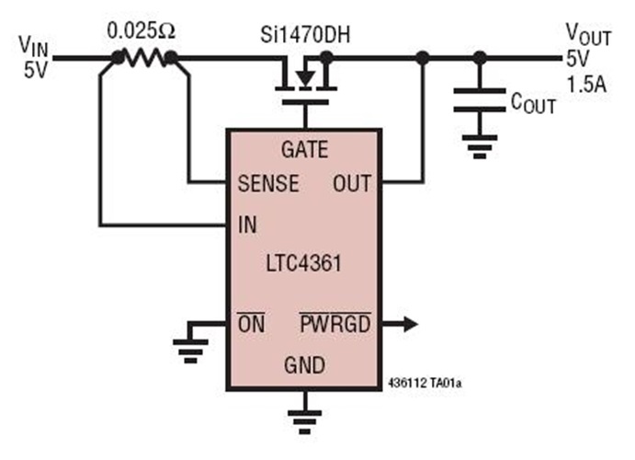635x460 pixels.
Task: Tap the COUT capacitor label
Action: [x=533, y=103]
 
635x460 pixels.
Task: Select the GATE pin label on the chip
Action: [x=302, y=150]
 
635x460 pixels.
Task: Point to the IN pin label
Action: [x=247, y=224]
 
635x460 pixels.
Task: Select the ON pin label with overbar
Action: [x=251, y=324]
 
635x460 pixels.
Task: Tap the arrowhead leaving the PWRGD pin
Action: [x=409, y=324]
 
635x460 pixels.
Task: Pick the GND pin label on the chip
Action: [x=303, y=365]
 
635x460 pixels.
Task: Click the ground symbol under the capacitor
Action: [x=479, y=144]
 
